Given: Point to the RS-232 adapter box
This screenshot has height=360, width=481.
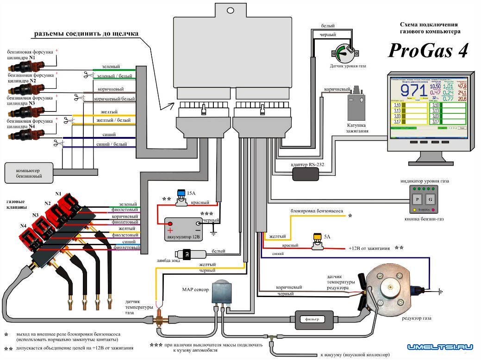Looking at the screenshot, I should coord(306,174).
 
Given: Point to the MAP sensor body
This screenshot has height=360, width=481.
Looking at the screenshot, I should coord(223,292).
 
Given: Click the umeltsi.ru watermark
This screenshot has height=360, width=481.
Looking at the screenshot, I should coord(440,347).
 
